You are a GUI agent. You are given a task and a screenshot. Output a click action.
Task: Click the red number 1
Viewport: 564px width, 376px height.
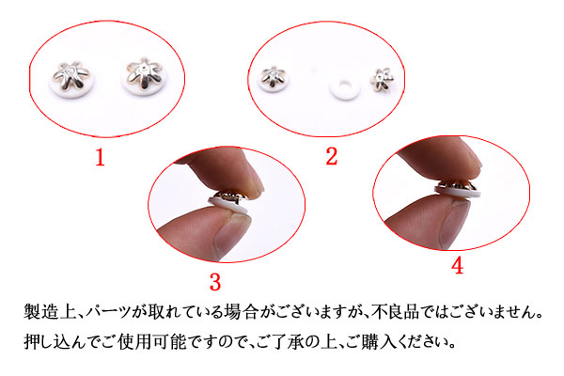click(101, 158)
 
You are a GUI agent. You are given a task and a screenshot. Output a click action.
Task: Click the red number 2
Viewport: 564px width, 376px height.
click(332, 157)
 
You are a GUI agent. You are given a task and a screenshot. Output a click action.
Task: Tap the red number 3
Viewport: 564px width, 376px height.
click(215, 282)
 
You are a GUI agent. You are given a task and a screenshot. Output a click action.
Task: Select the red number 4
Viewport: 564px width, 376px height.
click(457, 266)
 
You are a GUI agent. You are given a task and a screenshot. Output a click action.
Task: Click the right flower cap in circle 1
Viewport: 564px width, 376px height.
click(144, 77)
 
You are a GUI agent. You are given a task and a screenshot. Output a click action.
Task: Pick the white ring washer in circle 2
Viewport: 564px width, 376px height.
click(345, 87)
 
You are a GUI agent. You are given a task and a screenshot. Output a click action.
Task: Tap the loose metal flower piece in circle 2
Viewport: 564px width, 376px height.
click(382, 79)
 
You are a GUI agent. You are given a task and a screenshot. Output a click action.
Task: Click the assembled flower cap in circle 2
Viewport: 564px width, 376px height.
click(274, 78)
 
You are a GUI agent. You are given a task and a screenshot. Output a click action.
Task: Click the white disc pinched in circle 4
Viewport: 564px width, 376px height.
click(458, 192)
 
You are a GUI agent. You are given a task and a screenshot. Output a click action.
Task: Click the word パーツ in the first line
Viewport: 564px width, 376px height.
click(107, 311)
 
